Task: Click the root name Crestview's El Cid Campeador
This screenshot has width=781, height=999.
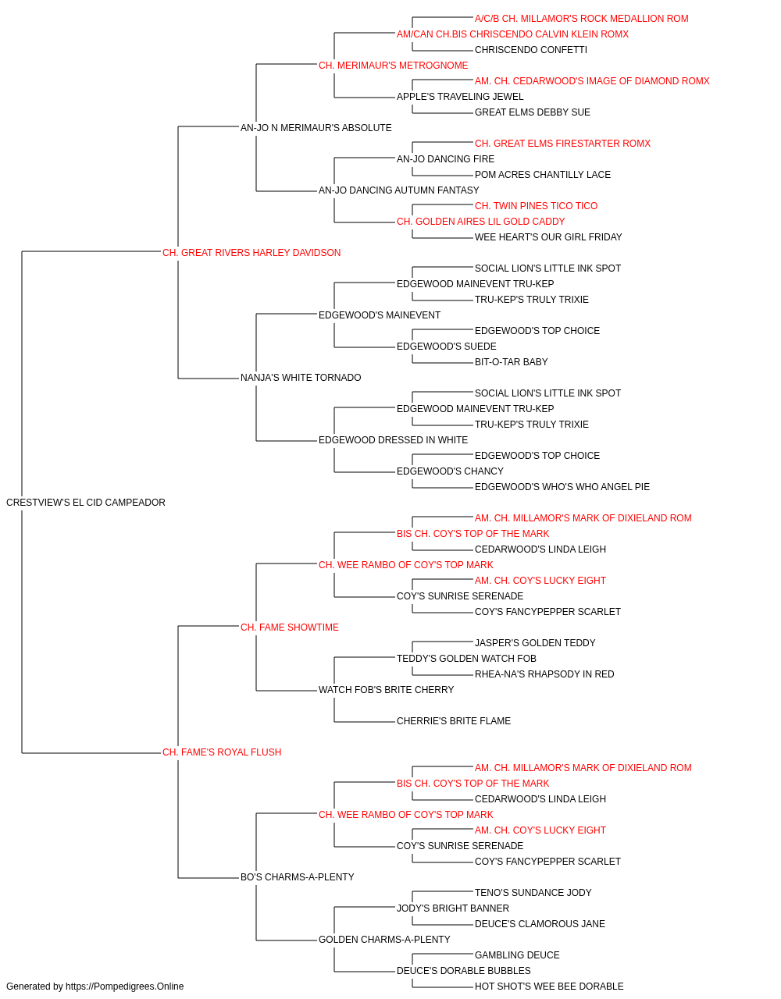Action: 86,503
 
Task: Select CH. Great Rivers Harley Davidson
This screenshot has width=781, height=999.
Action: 251,253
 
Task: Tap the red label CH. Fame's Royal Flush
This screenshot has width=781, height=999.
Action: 222,752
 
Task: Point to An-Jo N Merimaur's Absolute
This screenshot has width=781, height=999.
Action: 316,128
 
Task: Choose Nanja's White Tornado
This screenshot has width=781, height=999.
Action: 301,378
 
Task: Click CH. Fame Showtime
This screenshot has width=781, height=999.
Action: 289,627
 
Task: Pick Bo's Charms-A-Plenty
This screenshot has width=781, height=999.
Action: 297,877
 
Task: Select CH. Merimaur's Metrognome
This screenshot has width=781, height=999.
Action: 394,66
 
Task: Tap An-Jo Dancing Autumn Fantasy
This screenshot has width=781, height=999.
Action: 399,190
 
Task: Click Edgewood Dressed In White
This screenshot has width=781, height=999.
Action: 394,440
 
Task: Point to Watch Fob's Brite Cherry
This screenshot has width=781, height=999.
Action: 387,690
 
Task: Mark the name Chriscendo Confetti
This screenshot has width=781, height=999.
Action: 531,50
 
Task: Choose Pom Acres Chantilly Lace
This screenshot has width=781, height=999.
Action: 543,175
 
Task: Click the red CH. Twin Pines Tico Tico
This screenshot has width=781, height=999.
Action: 537,206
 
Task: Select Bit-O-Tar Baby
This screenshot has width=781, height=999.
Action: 511,362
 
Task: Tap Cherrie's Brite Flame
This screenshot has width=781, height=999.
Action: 454,721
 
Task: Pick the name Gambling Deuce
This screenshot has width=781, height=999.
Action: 517,955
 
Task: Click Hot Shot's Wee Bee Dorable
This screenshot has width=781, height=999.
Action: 549,987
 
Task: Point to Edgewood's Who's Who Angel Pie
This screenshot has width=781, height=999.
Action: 562,487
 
